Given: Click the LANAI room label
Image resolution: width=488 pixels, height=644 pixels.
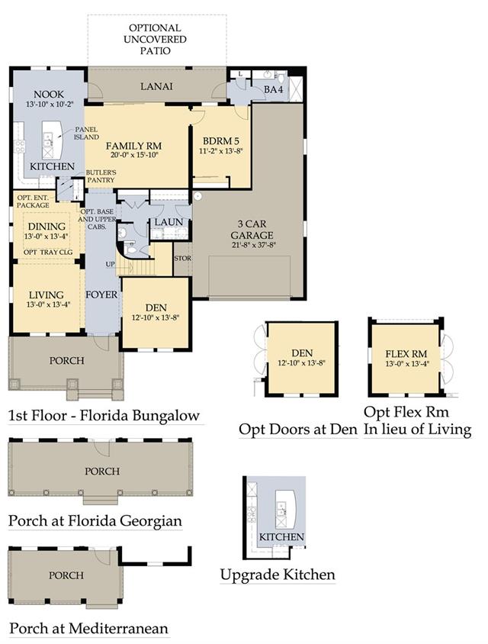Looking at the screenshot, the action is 156,86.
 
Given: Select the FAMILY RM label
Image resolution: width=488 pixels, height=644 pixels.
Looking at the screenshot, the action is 133,146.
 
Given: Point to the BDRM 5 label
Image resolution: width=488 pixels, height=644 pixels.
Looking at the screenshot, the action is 221,141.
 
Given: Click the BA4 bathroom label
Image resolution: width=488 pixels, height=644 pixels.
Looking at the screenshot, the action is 273,89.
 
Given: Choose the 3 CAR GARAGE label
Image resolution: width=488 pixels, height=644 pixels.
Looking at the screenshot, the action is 252,230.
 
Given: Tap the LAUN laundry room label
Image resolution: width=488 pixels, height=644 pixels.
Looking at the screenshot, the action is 169,222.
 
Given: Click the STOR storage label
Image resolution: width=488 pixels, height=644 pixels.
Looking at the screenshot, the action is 183,259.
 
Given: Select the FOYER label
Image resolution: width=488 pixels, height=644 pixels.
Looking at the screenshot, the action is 101,295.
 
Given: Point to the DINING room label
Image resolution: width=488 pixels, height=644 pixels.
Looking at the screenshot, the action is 47,227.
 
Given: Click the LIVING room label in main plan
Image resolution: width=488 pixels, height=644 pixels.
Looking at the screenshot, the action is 46,295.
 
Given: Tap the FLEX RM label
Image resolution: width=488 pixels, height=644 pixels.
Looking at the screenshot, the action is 406,353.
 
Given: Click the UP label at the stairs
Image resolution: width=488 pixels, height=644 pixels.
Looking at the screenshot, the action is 111,264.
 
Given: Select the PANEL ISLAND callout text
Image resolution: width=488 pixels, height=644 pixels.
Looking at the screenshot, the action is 86,134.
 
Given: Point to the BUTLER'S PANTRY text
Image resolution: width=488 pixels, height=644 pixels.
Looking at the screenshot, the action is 101,176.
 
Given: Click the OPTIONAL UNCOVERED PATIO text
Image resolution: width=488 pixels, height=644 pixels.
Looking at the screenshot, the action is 155,40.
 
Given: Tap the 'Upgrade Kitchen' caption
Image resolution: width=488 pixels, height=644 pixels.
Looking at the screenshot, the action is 278,575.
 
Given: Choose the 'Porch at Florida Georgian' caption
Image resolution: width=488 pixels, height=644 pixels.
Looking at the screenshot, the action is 95,521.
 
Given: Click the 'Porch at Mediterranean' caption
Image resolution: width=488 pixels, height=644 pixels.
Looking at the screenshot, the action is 88,629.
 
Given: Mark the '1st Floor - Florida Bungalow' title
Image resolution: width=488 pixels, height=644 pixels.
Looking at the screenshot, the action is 104,416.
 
